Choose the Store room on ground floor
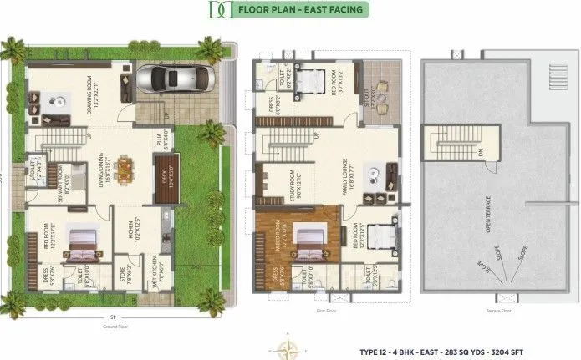(122, 273)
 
